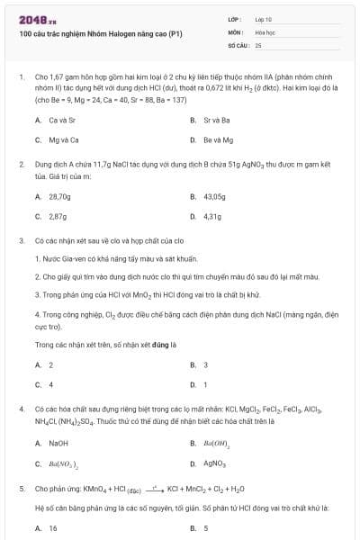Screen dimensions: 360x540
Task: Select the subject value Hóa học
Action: (265, 31)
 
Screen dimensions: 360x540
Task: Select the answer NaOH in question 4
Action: (58, 443)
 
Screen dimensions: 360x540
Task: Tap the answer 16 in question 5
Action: (53, 527)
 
